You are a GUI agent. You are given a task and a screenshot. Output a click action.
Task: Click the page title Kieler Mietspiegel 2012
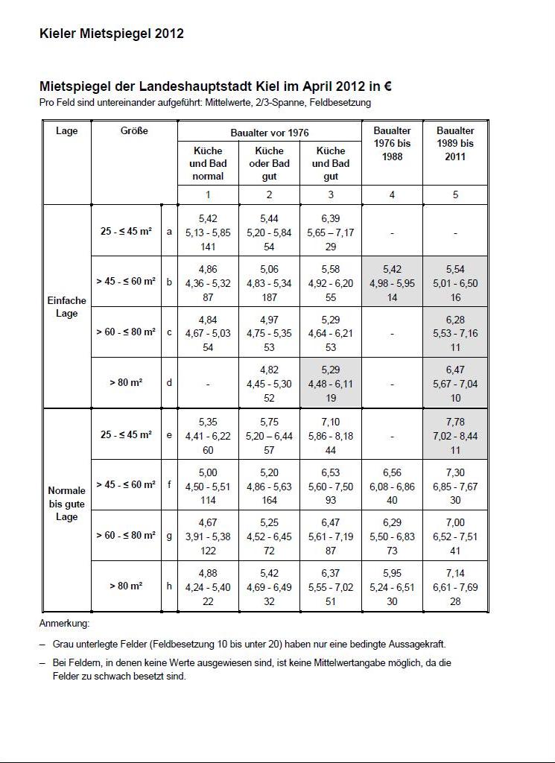(112, 34)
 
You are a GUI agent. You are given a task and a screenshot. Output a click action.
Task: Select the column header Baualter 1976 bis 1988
(392, 144)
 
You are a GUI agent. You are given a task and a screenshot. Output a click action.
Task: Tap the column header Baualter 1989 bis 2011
(455, 144)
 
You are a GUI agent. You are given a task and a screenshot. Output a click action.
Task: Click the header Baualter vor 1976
(269, 133)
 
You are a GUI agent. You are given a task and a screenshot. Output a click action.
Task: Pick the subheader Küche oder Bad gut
(269, 163)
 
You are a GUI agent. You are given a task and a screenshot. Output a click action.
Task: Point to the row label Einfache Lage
(67, 307)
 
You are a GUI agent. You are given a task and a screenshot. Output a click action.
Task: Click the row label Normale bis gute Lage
(67, 504)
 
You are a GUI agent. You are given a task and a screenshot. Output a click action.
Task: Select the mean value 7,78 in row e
(455, 422)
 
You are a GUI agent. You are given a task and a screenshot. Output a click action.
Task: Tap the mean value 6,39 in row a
(331, 218)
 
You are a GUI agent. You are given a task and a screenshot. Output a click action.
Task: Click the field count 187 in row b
(269, 297)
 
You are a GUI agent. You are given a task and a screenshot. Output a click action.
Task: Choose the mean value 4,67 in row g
(208, 523)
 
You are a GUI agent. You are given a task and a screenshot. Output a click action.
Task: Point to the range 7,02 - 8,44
(455, 436)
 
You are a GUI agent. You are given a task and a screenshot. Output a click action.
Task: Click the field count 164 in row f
(269, 501)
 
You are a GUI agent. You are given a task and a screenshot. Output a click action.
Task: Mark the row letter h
(170, 586)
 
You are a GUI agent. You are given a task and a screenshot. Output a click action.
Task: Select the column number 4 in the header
(392, 195)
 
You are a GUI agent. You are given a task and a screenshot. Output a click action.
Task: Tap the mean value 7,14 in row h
(455, 574)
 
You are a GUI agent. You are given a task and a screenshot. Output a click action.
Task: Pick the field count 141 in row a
(208, 246)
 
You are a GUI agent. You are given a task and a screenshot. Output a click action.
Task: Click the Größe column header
(134, 131)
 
